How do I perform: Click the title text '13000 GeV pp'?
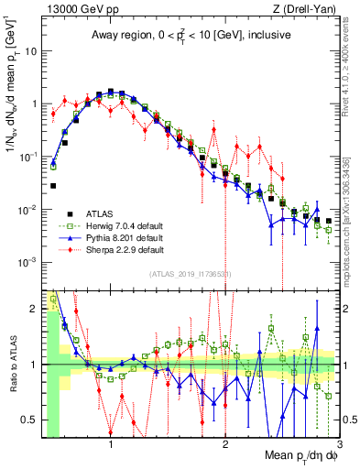74,8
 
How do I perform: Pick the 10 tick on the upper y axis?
32,50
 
